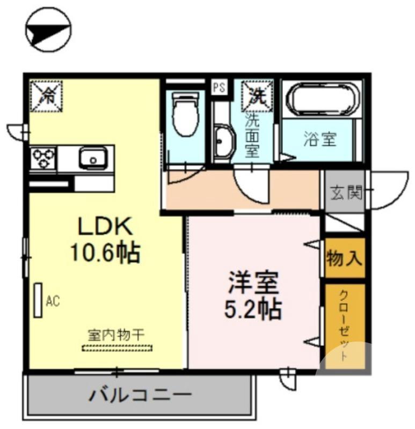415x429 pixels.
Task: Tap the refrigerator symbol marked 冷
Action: pyautogui.click(x=47, y=96)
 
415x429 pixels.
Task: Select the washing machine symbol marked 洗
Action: pyautogui.click(x=258, y=95)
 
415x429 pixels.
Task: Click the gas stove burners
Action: pyautogui.click(x=43, y=159)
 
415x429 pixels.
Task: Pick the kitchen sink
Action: pyautogui.click(x=93, y=158)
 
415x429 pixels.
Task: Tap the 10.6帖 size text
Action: pyautogui.click(x=105, y=252)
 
